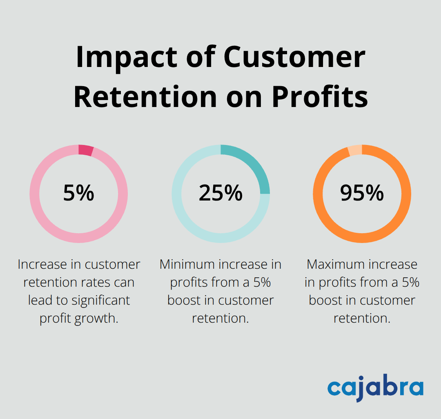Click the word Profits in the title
click(320, 97)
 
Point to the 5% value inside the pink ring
click(78, 193)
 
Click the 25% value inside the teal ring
click(220, 193)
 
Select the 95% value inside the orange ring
click(362, 193)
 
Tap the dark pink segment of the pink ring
click(86, 150)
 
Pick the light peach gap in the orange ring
click(355, 150)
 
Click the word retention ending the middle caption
click(220, 319)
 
